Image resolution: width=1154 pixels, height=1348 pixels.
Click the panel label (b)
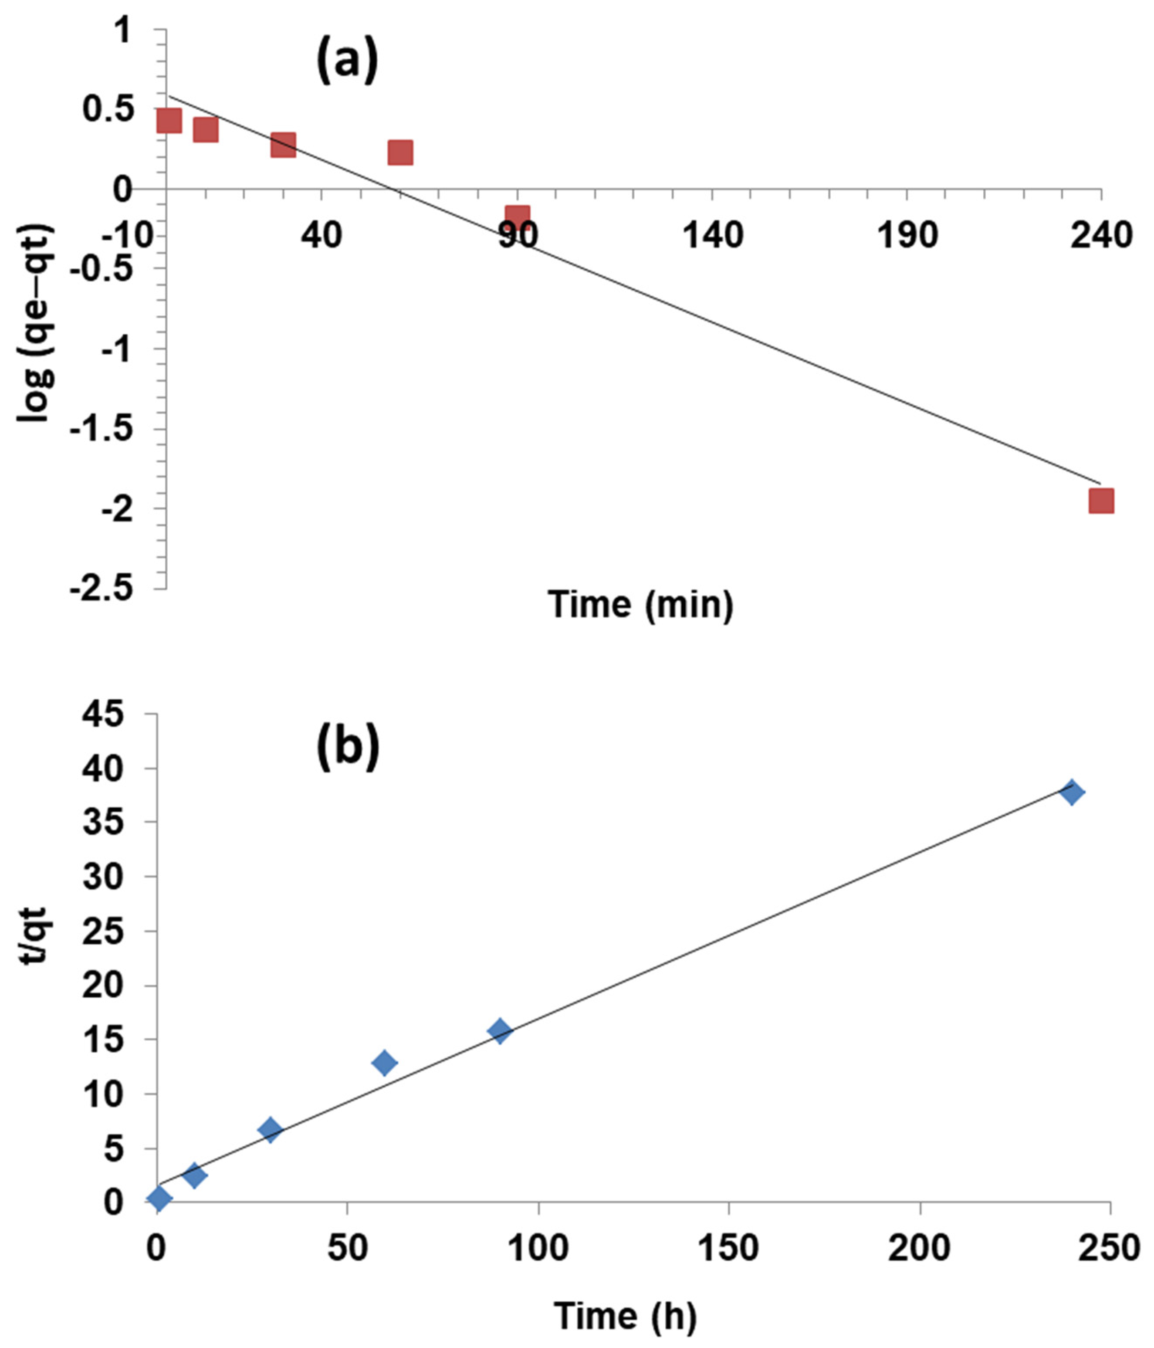point(348,748)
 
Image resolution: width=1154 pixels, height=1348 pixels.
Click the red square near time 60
point(400,152)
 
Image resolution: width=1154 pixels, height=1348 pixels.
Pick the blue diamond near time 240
point(1071,793)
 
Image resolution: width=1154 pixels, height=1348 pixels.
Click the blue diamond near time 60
point(385,1063)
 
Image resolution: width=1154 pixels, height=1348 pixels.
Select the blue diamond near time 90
point(500,1030)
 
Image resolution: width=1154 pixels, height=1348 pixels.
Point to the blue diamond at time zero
point(159,1199)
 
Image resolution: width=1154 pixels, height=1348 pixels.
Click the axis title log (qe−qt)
point(36,323)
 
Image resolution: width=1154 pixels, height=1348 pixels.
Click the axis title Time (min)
point(641,604)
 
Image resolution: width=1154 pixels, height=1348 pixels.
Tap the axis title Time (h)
point(625,1315)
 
